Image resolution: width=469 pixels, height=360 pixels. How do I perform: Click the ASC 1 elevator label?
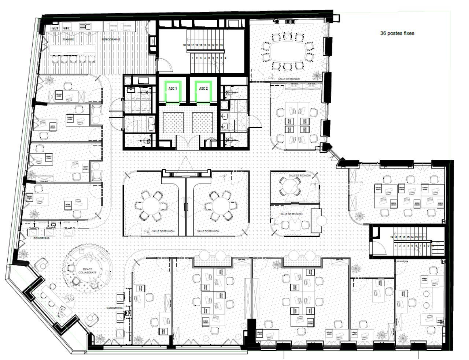pos(173,89)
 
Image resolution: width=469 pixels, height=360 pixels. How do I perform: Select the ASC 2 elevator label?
pos(203,89)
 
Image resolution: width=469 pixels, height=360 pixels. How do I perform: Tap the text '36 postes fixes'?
pos(397,33)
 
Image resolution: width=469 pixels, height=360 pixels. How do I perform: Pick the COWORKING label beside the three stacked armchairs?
pos(114,308)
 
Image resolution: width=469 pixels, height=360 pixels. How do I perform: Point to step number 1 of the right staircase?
pos(392,246)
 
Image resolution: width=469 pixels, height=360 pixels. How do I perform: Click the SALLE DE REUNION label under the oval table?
pos(289,79)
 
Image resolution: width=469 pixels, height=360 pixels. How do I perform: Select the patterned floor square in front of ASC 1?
pos(172,122)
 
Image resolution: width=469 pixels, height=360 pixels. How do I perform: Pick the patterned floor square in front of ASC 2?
pos(202,122)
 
